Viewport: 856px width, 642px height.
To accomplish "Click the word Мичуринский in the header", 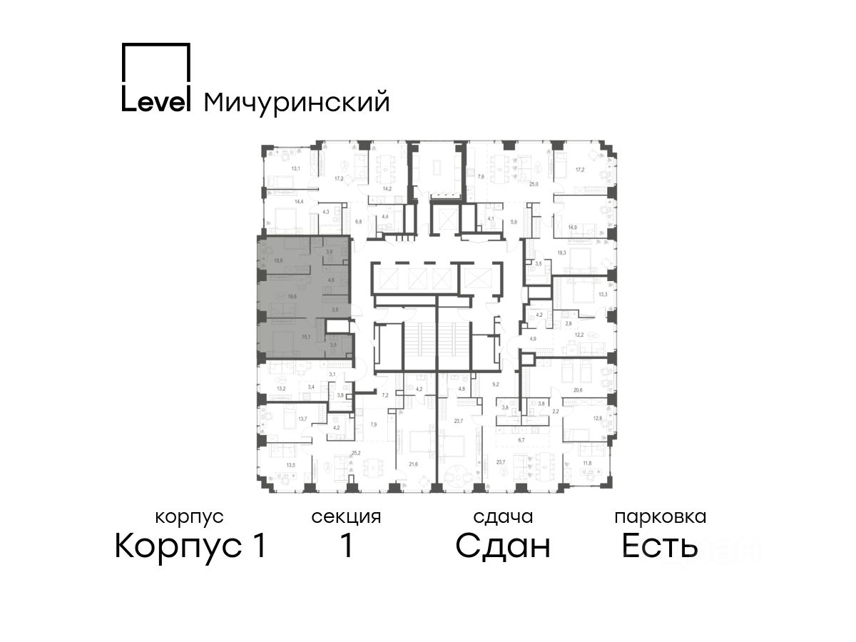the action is coord(297,102).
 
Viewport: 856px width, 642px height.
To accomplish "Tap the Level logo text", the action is coord(156,101).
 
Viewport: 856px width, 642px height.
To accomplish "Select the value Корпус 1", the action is coord(190,546).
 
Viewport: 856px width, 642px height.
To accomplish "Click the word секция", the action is coord(346,516).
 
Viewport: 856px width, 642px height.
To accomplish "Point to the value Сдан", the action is coord(503,546).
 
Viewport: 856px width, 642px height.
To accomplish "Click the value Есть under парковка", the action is coord(659,546).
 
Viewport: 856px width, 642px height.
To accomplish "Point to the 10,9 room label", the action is coord(277,261).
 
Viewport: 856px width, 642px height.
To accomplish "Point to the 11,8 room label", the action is coord(586,462).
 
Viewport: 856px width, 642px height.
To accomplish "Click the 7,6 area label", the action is coord(481,176).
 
